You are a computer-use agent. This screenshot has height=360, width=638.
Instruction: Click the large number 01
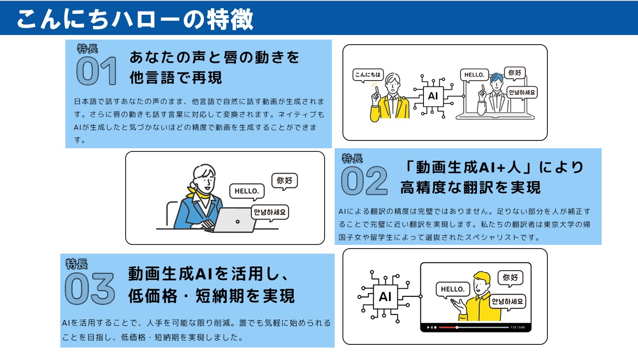pyautogui.click(x=96, y=70)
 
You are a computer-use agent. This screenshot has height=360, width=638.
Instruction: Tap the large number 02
pyautogui.click(x=364, y=180)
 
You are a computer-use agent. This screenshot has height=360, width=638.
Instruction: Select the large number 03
pyautogui.click(x=90, y=288)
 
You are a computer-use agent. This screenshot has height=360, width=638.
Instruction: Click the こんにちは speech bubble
pyautogui.click(x=368, y=75)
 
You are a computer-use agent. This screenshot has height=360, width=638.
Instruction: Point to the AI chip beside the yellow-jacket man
pyautogui.click(x=433, y=96)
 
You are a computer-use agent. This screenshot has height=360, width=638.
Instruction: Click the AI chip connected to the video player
pyautogui.click(x=385, y=297)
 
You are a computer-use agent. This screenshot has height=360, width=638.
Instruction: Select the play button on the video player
pyautogui.click(x=428, y=327)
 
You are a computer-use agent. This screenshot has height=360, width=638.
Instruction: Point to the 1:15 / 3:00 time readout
pyautogui.click(x=517, y=327)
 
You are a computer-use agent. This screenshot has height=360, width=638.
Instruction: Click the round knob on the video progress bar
pyautogui.click(x=457, y=327)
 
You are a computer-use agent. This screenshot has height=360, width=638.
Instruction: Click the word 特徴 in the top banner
pyautogui.click(x=230, y=19)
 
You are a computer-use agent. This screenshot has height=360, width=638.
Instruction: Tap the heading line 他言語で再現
pyautogui.click(x=175, y=78)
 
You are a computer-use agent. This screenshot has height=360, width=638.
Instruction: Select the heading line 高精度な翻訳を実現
pyautogui.click(x=470, y=187)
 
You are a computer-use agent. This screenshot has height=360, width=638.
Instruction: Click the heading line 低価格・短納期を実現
pyautogui.click(x=211, y=296)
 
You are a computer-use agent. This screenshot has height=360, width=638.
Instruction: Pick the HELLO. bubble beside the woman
pyautogui.click(x=247, y=192)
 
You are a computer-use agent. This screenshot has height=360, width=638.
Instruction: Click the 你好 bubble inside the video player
pyautogui.click(x=510, y=278)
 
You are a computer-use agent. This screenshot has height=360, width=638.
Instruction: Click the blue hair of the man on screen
pyautogui.click(x=496, y=77)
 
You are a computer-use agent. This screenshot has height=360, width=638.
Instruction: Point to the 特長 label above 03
pyautogui.click(x=76, y=264)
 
